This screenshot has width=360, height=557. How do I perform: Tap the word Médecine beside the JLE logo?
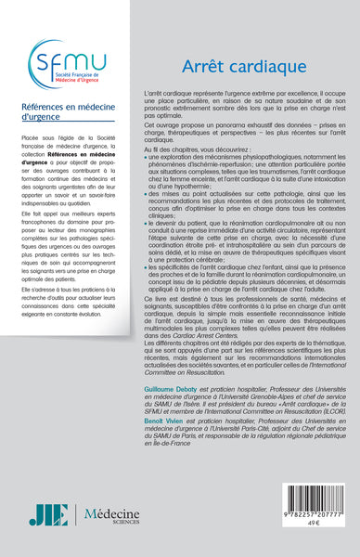(x=113, y=512)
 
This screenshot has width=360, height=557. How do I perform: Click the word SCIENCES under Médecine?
(x=113, y=525)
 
